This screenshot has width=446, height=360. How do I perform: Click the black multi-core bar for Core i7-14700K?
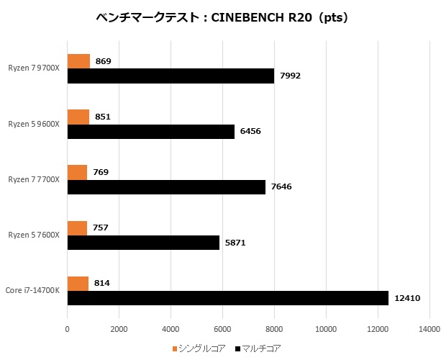(227, 298)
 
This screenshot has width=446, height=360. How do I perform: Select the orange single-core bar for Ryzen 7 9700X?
(78, 61)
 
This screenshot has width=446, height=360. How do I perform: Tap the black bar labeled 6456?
(150, 132)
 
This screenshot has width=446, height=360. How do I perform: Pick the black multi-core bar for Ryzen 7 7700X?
(166, 187)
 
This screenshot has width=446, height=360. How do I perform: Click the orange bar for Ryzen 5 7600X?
(77, 228)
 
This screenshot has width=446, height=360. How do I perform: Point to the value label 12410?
(408, 298)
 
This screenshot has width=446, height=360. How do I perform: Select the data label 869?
(103, 61)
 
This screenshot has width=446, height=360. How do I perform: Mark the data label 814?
(102, 284)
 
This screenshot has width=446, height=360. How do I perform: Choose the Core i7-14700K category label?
(34, 290)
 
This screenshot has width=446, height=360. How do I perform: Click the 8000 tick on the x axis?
(274, 329)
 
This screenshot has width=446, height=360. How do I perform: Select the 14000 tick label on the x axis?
(429, 329)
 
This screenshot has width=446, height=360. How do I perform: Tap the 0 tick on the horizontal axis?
(67, 329)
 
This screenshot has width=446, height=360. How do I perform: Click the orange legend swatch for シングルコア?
(175, 349)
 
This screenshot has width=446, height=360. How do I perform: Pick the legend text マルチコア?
(258, 349)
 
